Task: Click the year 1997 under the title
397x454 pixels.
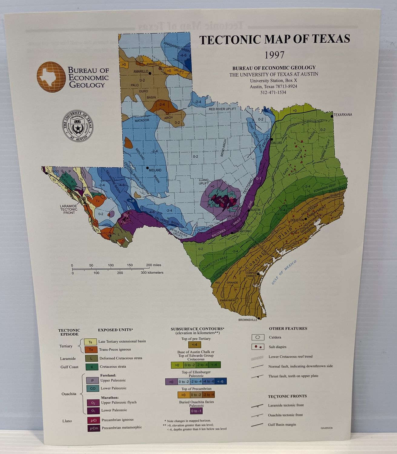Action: pyautogui.click(x=274, y=55)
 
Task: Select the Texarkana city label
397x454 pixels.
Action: pyautogui.click(x=343, y=115)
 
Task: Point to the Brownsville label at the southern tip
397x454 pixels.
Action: pyautogui.click(x=248, y=320)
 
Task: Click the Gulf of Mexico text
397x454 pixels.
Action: pyautogui.click(x=284, y=272)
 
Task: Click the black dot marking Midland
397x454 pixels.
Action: pyautogui.click(x=147, y=168)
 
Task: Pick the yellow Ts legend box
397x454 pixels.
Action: pyautogui.click(x=90, y=342)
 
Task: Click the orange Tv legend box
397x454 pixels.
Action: pyautogui.click(x=90, y=350)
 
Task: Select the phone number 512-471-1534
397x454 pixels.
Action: pyautogui.click(x=273, y=92)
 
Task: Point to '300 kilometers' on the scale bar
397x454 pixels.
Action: pyautogui.click(x=152, y=273)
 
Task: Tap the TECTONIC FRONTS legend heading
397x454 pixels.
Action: pyautogui.click(x=287, y=396)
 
